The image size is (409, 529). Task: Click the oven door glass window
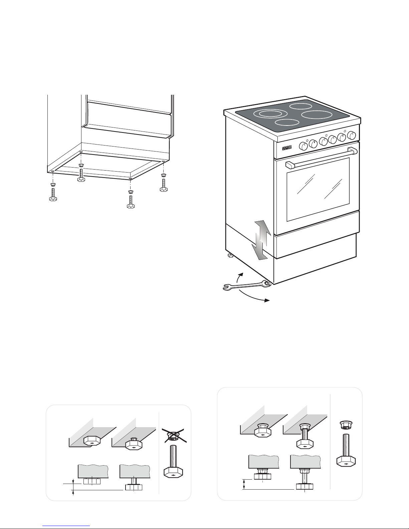pos(318,189)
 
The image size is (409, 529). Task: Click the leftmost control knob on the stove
pos(303,146)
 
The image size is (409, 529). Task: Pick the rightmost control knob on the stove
pos(352,136)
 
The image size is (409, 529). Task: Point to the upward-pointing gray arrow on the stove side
pos(261,232)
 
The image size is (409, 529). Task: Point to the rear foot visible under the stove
pos(230,256)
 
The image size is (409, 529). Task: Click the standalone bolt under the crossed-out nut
pos(173,464)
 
